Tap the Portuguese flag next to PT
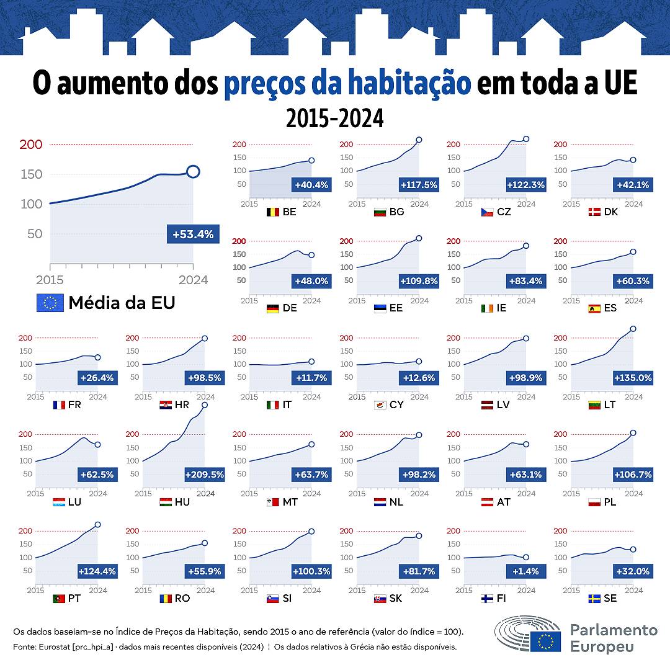(60, 599)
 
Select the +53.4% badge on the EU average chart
(193, 234)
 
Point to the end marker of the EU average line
(193, 172)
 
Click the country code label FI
(501, 599)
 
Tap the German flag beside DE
(272, 308)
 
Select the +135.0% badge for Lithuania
(633, 378)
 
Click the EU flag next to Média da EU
(50, 303)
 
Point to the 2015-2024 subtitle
(335, 118)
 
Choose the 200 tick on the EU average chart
(32, 145)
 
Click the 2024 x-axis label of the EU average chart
(193, 280)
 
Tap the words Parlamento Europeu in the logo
(613, 638)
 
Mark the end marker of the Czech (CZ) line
(526, 139)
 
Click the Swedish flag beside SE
(594, 599)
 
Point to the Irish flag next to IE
(487, 308)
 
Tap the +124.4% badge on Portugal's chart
(97, 571)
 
